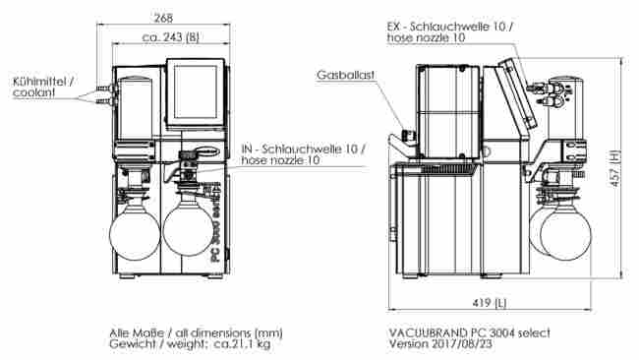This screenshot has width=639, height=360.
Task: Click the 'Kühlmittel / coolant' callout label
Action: pyautogui.click(x=42, y=86)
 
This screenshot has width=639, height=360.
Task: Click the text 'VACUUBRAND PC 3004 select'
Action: pyautogui.click(x=469, y=331)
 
